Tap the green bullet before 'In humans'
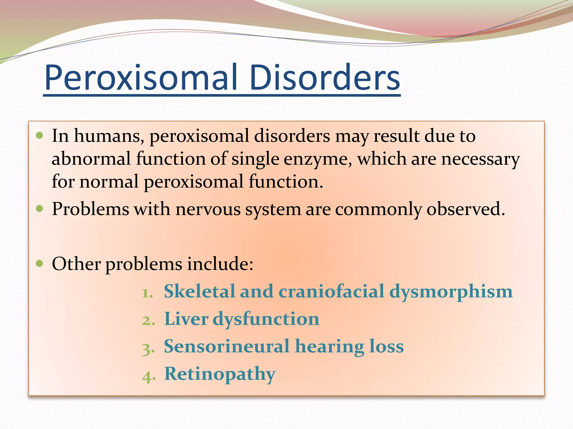[40, 136]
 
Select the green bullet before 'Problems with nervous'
[40, 209]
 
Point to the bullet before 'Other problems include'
[40, 263]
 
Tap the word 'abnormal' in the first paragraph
[91, 159]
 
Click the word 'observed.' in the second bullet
[466, 209]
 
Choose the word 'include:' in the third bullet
[220, 264]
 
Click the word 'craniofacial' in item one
[331, 291]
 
